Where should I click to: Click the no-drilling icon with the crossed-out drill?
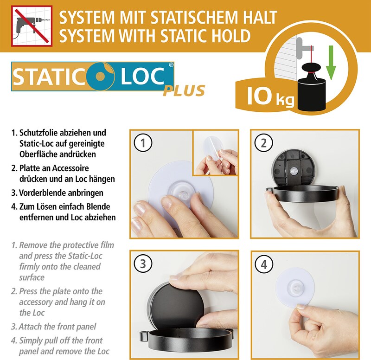(32, 26)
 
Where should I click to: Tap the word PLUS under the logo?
(184, 91)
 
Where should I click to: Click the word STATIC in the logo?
(49, 76)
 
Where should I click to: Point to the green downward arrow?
(331, 62)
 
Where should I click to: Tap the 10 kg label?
(270, 96)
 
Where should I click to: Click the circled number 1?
(143, 143)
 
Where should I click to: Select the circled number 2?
(263, 143)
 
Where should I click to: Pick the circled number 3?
(143, 264)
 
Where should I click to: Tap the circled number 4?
(264, 264)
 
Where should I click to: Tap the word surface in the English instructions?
(32, 277)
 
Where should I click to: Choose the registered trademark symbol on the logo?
(171, 65)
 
